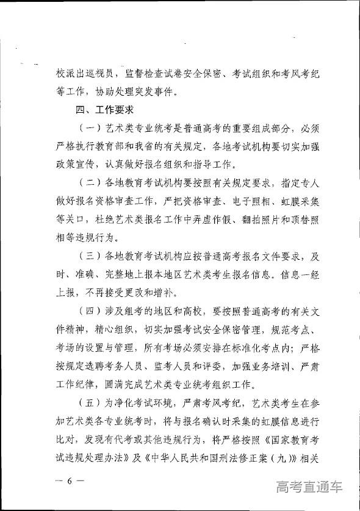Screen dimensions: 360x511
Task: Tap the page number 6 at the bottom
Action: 70,480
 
